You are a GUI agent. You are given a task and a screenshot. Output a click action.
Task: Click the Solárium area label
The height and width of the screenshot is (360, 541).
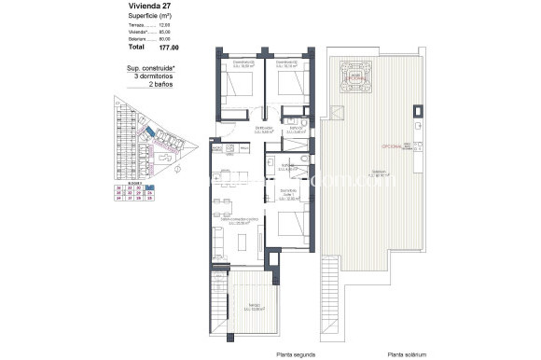tap(379, 173)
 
